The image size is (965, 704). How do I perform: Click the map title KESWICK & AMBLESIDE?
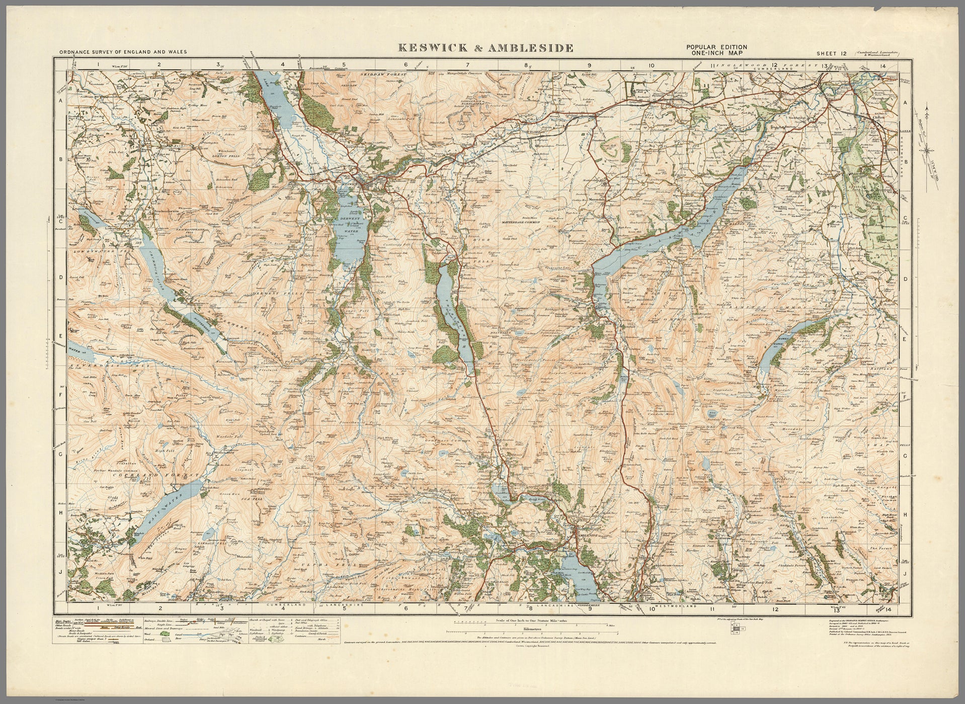[486, 48]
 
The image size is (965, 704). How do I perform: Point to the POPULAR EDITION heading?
[717, 46]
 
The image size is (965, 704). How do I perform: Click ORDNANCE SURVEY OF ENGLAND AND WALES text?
[122, 52]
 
